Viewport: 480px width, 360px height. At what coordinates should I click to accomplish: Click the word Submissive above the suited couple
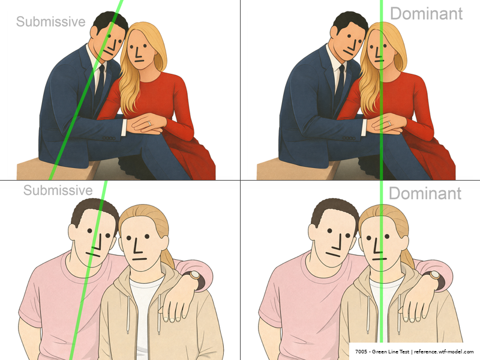50,22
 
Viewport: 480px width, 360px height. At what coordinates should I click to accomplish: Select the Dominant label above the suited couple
426,14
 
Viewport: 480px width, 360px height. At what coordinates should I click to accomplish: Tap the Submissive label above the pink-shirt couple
58,190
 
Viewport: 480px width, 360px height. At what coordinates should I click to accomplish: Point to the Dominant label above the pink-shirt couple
425,193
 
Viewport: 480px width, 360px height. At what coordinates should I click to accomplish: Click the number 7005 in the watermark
361,352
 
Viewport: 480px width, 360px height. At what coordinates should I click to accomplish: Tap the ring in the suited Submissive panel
149,123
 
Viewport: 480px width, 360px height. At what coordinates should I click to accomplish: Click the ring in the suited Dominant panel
389,123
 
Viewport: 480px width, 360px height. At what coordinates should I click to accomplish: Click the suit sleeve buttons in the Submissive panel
109,139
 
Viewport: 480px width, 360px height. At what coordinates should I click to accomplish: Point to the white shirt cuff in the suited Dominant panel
364,127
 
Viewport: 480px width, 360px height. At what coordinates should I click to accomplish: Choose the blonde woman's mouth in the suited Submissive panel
139,61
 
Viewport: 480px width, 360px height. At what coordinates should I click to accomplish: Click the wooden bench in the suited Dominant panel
294,170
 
